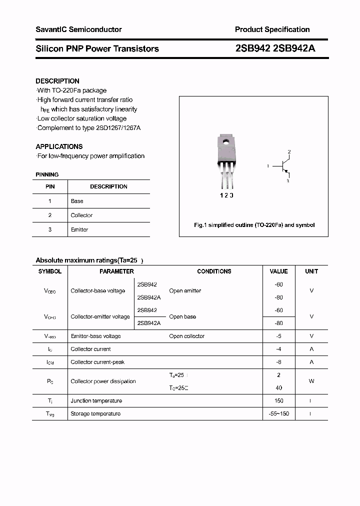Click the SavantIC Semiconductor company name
[78, 29]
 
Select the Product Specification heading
[272, 29]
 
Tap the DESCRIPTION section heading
[57, 81]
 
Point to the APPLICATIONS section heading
[59, 146]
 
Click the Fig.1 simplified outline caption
[254, 225]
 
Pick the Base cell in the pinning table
[77, 201]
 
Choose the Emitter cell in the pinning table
[79, 229]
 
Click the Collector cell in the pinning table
[81, 215]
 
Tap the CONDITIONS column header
[214, 271]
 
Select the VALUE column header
[278, 271]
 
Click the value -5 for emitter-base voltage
[278, 336]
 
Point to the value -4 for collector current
[278, 349]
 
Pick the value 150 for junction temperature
[278, 400]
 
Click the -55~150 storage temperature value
[278, 413]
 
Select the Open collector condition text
[186, 336]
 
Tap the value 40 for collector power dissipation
[278, 387]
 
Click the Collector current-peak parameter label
[97, 362]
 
